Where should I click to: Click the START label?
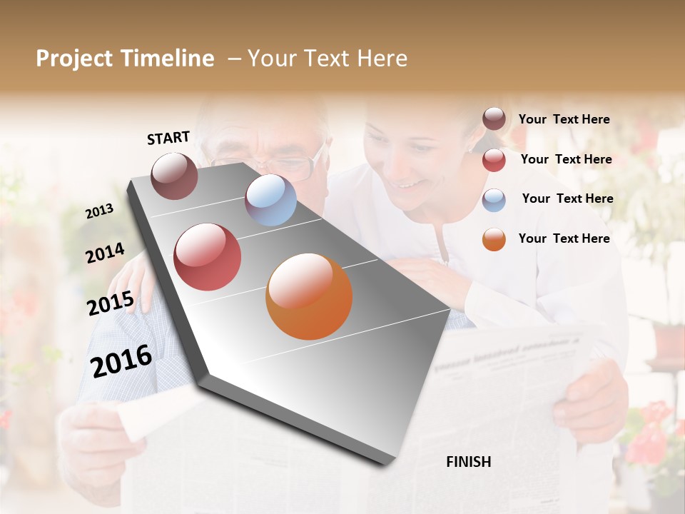point(168,138)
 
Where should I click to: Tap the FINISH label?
point(469,462)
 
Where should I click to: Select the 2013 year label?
point(99,211)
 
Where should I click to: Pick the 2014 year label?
point(105,253)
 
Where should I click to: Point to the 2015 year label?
point(111,303)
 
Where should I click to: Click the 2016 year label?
point(121,361)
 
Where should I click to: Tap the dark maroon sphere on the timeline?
point(174,176)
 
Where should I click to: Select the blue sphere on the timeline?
point(270,200)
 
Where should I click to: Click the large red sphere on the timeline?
point(207,257)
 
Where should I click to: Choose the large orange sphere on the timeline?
point(309,296)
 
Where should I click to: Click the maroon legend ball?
point(494,119)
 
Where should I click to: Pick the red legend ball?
point(494,160)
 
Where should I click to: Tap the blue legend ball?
point(494,200)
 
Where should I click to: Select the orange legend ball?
point(494,239)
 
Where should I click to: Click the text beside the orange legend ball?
point(564,238)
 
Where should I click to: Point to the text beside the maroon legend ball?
point(564,119)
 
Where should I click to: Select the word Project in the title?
point(75,59)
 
